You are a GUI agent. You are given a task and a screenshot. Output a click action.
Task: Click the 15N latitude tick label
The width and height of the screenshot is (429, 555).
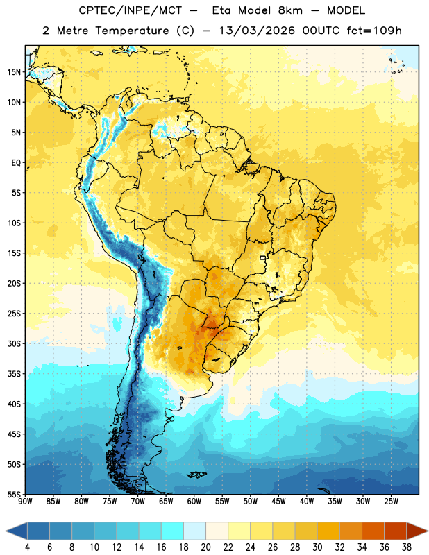tap(14, 72)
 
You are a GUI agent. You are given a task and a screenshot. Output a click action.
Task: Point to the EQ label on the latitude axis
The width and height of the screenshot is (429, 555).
tap(16, 163)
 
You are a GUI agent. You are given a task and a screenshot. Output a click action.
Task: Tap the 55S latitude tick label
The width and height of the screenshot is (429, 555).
tap(14, 494)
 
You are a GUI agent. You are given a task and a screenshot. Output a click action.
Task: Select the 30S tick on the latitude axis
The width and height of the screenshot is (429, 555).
tap(14, 343)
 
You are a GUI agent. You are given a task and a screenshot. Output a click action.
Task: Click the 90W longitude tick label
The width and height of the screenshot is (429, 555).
tap(25, 502)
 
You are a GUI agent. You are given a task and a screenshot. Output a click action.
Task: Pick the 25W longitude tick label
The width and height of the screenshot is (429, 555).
tap(391, 502)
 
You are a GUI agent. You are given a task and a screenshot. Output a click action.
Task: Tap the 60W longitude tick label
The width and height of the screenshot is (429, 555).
tap(194, 502)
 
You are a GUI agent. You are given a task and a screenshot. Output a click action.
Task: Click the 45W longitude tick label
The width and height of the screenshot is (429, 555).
tap(279, 502)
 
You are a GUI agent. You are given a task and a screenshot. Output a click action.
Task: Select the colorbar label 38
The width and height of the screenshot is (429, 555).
tap(407, 547)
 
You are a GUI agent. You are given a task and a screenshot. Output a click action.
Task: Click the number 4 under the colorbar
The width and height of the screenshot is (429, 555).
tap(27, 547)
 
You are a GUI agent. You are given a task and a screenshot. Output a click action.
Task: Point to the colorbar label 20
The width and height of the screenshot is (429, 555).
tap(205, 547)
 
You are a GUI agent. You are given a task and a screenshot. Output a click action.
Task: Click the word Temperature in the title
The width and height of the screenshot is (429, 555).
tap(132, 31)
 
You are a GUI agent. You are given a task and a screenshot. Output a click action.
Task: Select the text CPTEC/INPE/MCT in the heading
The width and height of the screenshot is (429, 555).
tap(130, 10)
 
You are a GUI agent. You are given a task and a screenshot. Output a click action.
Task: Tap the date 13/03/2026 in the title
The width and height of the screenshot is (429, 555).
tap(257, 31)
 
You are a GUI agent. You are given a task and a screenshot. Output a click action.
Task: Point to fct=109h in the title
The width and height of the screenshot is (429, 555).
tap(374, 31)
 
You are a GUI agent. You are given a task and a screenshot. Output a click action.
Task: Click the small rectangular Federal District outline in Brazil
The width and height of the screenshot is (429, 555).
tap(263, 257)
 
